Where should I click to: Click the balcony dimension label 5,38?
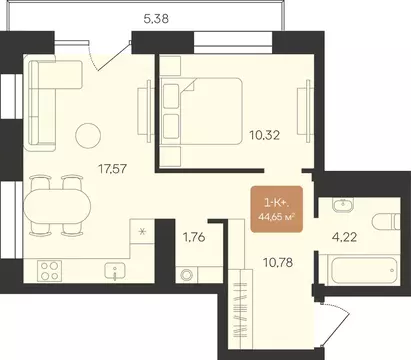tap(156, 19)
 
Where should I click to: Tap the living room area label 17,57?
tap(113, 169)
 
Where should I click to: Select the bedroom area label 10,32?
tap(265, 135)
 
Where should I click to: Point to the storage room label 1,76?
tap(194, 237)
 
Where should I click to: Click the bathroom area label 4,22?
tap(344, 237)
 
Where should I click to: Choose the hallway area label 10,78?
tap(278, 263)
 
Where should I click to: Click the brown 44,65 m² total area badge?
tap(277, 209)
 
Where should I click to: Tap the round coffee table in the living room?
tap(88, 135)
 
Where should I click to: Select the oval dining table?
tap(57, 206)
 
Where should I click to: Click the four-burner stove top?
tap(49, 271)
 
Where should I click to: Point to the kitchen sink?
tap(115, 271)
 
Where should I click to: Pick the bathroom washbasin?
tap(340, 204)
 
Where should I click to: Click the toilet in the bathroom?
tap(386, 221)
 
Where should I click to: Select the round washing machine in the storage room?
tap(186, 275)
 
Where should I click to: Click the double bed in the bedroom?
tap(201, 111)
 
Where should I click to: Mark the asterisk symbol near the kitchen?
tap(142, 231)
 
